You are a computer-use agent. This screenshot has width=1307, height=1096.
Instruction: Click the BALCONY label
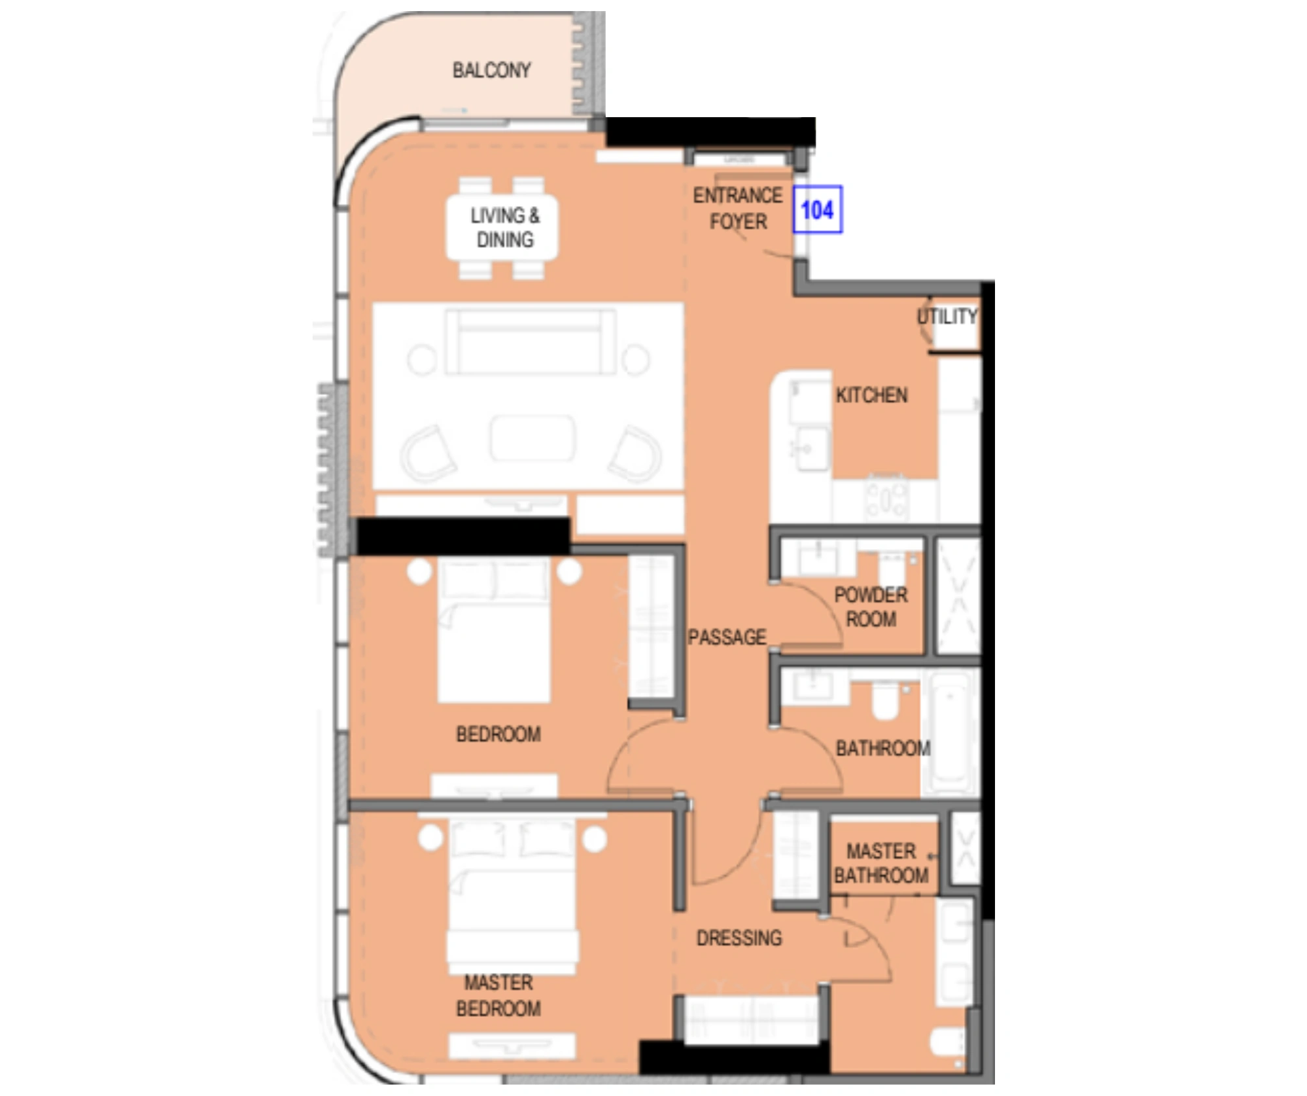click(491, 70)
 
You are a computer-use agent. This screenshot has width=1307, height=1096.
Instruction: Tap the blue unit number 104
click(817, 210)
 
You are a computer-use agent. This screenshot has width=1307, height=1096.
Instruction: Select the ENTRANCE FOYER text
click(738, 208)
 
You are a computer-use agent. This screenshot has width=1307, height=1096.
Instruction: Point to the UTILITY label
click(947, 317)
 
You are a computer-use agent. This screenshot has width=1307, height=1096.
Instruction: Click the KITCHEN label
click(871, 395)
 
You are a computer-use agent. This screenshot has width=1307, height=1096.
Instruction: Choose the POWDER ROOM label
click(871, 607)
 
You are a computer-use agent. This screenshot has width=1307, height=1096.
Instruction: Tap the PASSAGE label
click(727, 637)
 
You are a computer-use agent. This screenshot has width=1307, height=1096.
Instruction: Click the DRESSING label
click(739, 938)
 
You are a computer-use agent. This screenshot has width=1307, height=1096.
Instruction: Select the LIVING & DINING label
click(504, 227)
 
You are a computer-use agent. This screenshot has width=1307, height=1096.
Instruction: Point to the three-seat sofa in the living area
click(531, 342)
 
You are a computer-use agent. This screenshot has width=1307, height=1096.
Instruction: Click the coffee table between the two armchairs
click(532, 439)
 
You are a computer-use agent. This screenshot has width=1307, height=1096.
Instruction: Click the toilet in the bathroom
click(885, 700)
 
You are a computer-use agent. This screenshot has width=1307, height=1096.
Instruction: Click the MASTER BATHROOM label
click(880, 863)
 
